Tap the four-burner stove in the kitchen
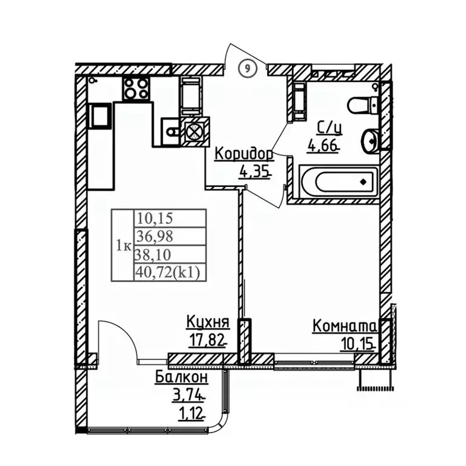coord(136,89)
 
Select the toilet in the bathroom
coord(363,105)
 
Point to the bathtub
coord(339,181)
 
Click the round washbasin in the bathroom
coord(370,141)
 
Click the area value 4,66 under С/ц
coord(323,146)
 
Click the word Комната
coord(345,326)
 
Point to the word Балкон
coord(181,378)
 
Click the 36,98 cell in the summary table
coord(170,236)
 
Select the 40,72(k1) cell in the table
coord(170,272)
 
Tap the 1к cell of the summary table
coord(123,245)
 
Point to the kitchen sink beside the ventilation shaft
coord(171,131)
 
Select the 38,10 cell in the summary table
coord(170,254)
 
